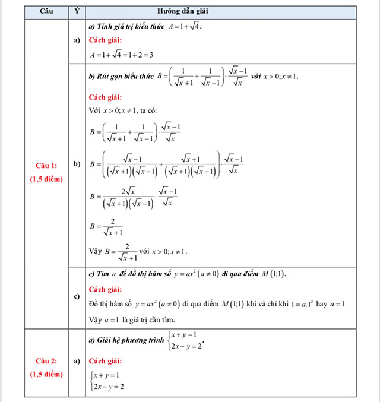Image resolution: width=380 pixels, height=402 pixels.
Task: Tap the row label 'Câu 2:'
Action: click(x=45, y=360)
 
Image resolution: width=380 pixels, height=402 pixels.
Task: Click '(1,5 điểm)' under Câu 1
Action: click(x=46, y=179)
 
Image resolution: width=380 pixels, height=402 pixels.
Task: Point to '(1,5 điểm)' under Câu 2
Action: click(x=46, y=374)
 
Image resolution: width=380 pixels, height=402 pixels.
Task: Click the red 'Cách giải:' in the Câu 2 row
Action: click(x=105, y=360)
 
